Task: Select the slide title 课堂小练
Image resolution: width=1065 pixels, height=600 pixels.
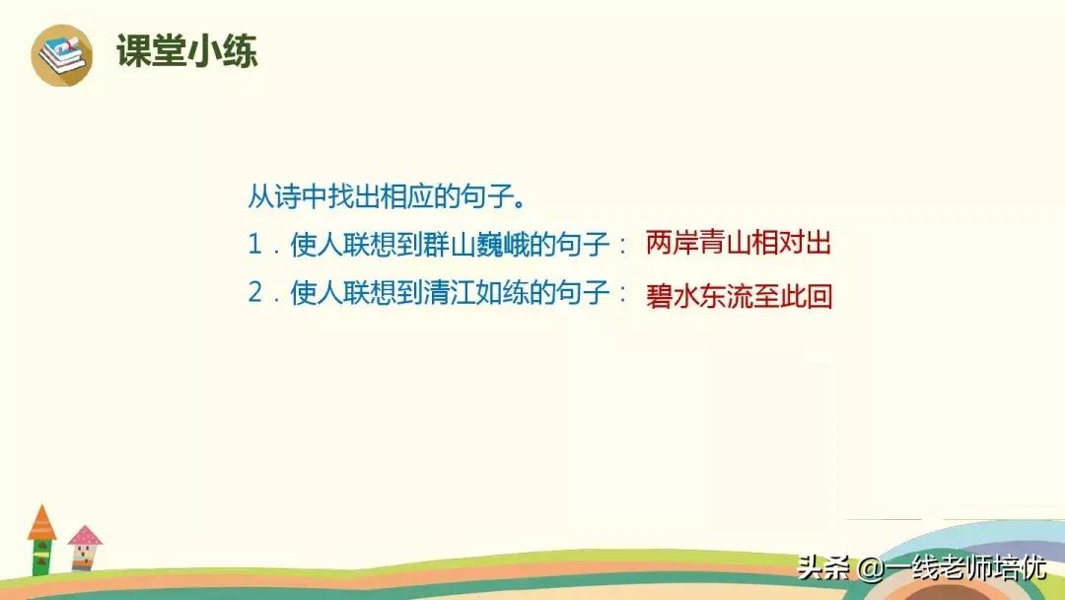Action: coord(186,51)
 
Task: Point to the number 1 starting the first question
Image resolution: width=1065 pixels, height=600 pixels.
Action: coord(255,246)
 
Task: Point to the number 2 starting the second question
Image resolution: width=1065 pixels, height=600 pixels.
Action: coord(255,294)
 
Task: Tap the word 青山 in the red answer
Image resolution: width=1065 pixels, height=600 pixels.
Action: coord(725,245)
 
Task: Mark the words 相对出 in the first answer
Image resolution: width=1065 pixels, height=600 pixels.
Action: coord(792,245)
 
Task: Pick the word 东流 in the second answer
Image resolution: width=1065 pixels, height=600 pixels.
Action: coord(725,296)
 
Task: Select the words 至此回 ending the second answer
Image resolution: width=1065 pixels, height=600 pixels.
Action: coord(792,296)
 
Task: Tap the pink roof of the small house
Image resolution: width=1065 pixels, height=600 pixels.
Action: coord(85,536)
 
